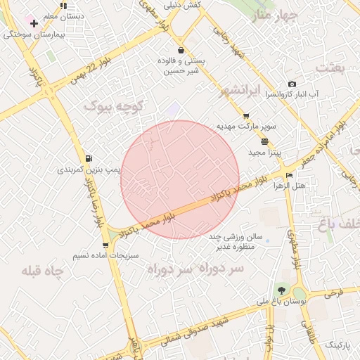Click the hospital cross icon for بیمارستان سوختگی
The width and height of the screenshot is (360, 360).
pyautogui.click(x=33, y=23)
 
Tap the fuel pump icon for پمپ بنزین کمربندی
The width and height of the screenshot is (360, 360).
pyautogui.click(x=88, y=158)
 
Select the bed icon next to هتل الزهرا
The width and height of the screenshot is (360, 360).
pyautogui.click(x=289, y=175)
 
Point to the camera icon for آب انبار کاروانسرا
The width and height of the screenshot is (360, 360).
pyautogui.click(x=292, y=84)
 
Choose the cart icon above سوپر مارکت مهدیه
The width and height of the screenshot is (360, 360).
pyautogui.click(x=246, y=116)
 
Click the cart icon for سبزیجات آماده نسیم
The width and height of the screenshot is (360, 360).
pyautogui.click(x=105, y=245)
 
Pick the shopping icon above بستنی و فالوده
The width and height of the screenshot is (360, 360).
pyautogui.click(x=182, y=50)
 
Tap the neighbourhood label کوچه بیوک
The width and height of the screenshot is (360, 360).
pyautogui.click(x=115, y=106)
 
